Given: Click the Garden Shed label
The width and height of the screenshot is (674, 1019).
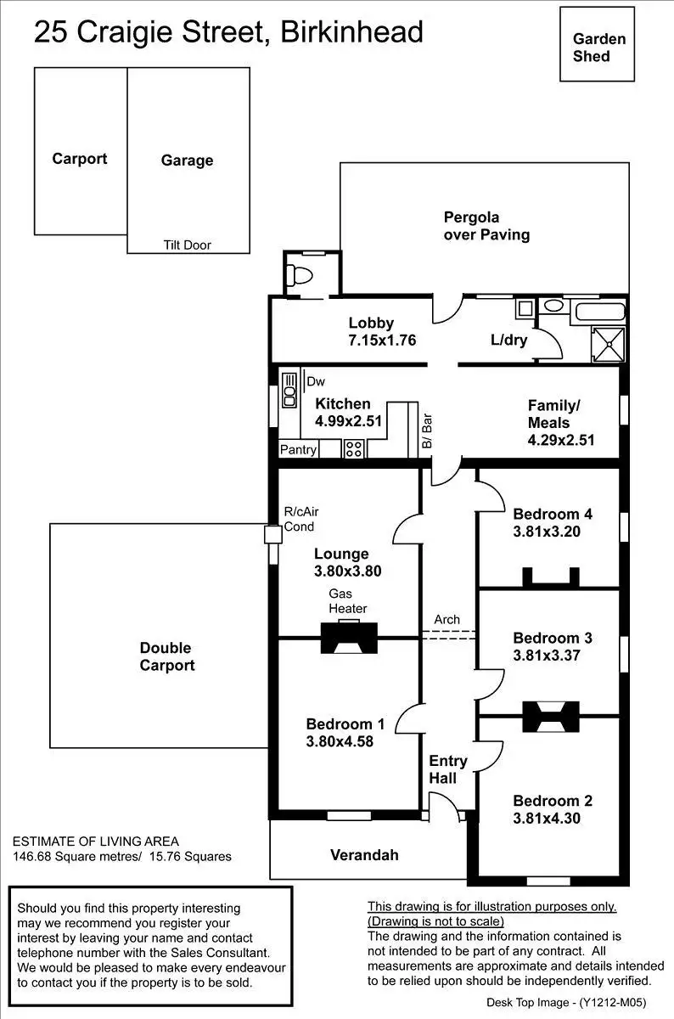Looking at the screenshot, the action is click(x=599, y=48).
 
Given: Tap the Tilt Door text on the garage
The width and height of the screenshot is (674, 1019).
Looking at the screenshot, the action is click(x=188, y=245).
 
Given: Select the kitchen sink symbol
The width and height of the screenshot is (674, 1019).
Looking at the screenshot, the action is click(x=289, y=390).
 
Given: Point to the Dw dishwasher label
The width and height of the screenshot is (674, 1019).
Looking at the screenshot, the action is click(x=316, y=381).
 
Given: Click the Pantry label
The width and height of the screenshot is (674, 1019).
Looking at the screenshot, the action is click(x=298, y=449).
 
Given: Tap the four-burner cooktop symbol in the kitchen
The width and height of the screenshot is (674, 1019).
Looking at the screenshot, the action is click(x=354, y=448).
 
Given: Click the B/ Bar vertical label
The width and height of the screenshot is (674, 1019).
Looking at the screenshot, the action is click(x=427, y=431).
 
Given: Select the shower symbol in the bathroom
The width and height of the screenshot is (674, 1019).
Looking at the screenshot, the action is click(x=608, y=345).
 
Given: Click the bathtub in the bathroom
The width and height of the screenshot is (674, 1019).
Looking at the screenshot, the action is click(x=600, y=312).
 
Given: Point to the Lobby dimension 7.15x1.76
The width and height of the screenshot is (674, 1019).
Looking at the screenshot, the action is click(x=382, y=341).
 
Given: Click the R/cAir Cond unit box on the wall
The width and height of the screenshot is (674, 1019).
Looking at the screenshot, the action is click(x=272, y=534).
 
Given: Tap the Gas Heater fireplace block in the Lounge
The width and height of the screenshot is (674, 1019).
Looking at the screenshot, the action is click(x=349, y=638).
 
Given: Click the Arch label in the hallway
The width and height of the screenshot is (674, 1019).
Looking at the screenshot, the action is click(x=447, y=619).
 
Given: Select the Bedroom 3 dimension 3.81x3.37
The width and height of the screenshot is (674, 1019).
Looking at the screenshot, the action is click(x=547, y=655).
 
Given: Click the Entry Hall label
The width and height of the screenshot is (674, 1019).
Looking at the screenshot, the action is click(x=448, y=769).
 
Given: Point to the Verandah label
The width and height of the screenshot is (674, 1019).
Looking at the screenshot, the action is click(x=364, y=855).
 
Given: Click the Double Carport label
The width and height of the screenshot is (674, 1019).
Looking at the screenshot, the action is click(x=167, y=656).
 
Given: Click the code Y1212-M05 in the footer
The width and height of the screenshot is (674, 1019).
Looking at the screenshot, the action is click(x=613, y=1002).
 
